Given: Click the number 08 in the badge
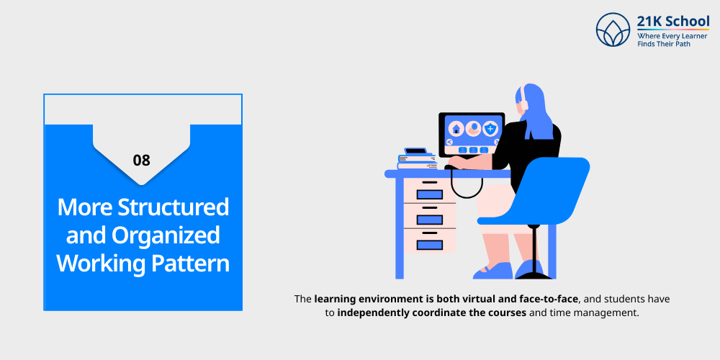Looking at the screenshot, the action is (x=141, y=161).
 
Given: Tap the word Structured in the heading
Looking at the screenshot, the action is (x=174, y=207).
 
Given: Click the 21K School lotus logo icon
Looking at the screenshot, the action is (x=613, y=30).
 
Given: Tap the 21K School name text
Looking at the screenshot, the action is (x=672, y=21).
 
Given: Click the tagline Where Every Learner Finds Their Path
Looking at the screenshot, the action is (x=672, y=40).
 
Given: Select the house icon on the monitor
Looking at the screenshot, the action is (x=456, y=129).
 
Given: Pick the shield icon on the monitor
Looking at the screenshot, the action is (x=490, y=129).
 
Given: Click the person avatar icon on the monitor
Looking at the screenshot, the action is (x=474, y=129).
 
